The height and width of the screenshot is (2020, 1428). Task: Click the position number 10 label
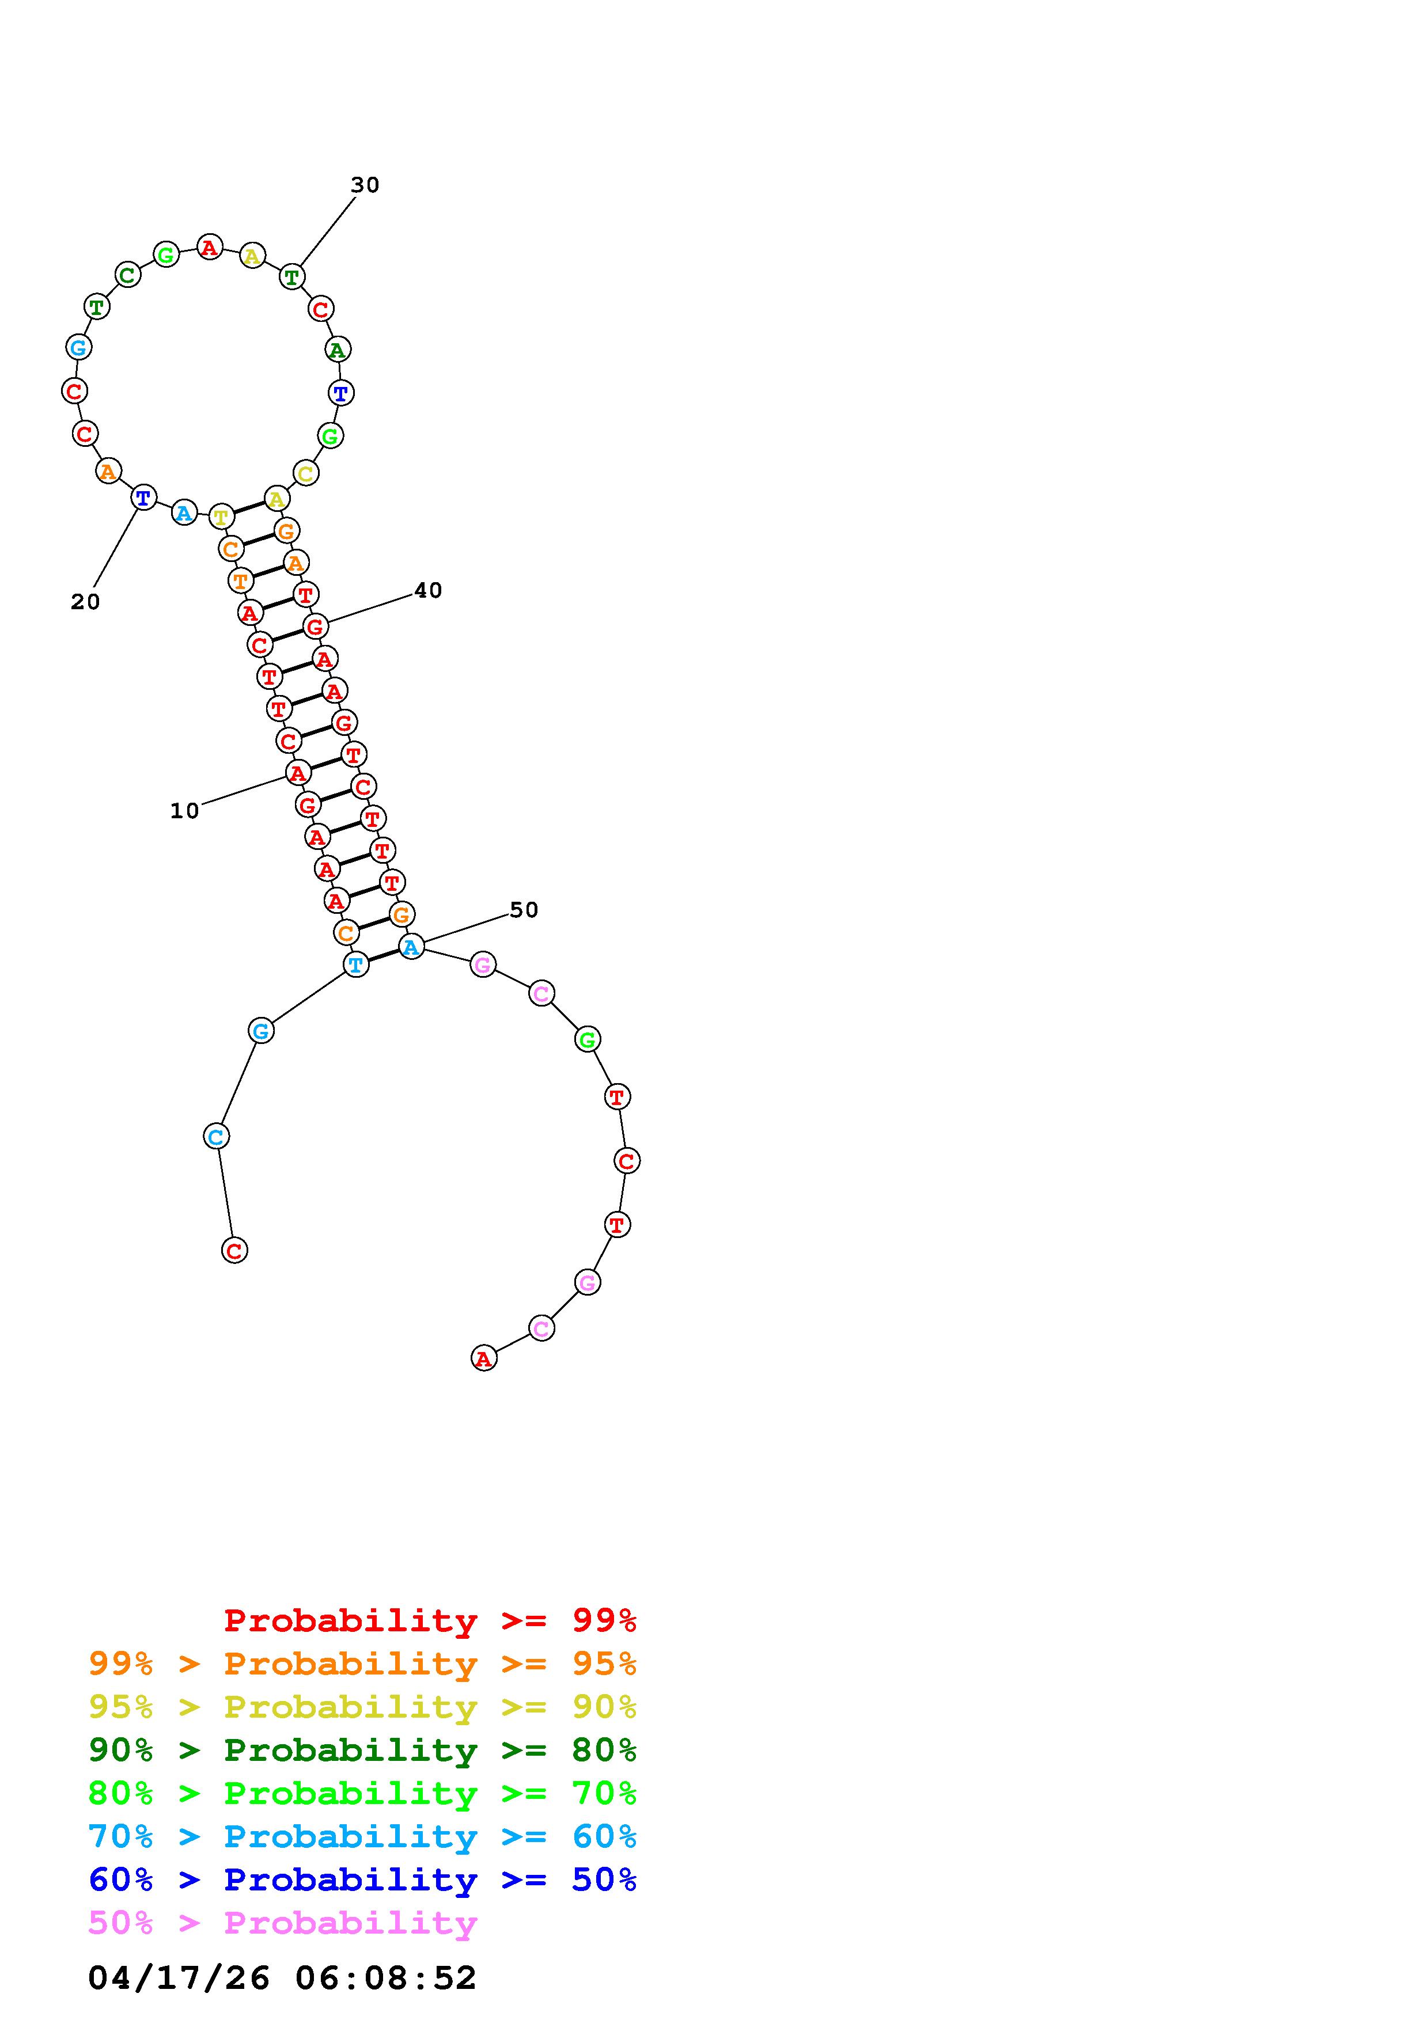tap(185, 811)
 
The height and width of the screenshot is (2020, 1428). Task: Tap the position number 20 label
tap(85, 602)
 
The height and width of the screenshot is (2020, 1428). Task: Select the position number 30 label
tap(365, 185)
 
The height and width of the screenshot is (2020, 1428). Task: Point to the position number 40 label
tap(429, 590)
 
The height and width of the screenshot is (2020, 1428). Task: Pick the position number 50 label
tap(524, 910)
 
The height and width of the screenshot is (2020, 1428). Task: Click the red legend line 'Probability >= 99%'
tap(430, 1620)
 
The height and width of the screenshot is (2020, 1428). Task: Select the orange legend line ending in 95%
tap(362, 1664)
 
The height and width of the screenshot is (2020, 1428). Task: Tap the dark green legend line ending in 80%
tap(362, 1750)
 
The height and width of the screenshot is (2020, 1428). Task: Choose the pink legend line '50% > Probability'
tap(282, 1923)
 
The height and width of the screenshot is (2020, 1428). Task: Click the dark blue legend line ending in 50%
tap(362, 1879)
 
